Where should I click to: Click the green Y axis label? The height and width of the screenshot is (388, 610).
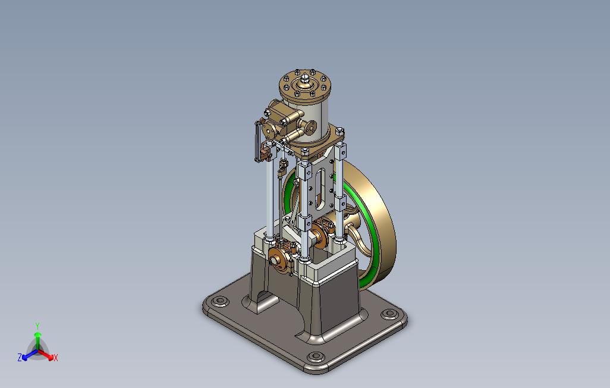(x=37, y=326)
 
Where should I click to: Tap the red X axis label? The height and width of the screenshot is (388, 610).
(x=55, y=358)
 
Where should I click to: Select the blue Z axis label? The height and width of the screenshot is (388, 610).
(x=20, y=358)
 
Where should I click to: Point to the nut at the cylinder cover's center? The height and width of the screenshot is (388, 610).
(x=305, y=77)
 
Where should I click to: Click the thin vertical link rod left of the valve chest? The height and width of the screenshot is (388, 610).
(x=257, y=140)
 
